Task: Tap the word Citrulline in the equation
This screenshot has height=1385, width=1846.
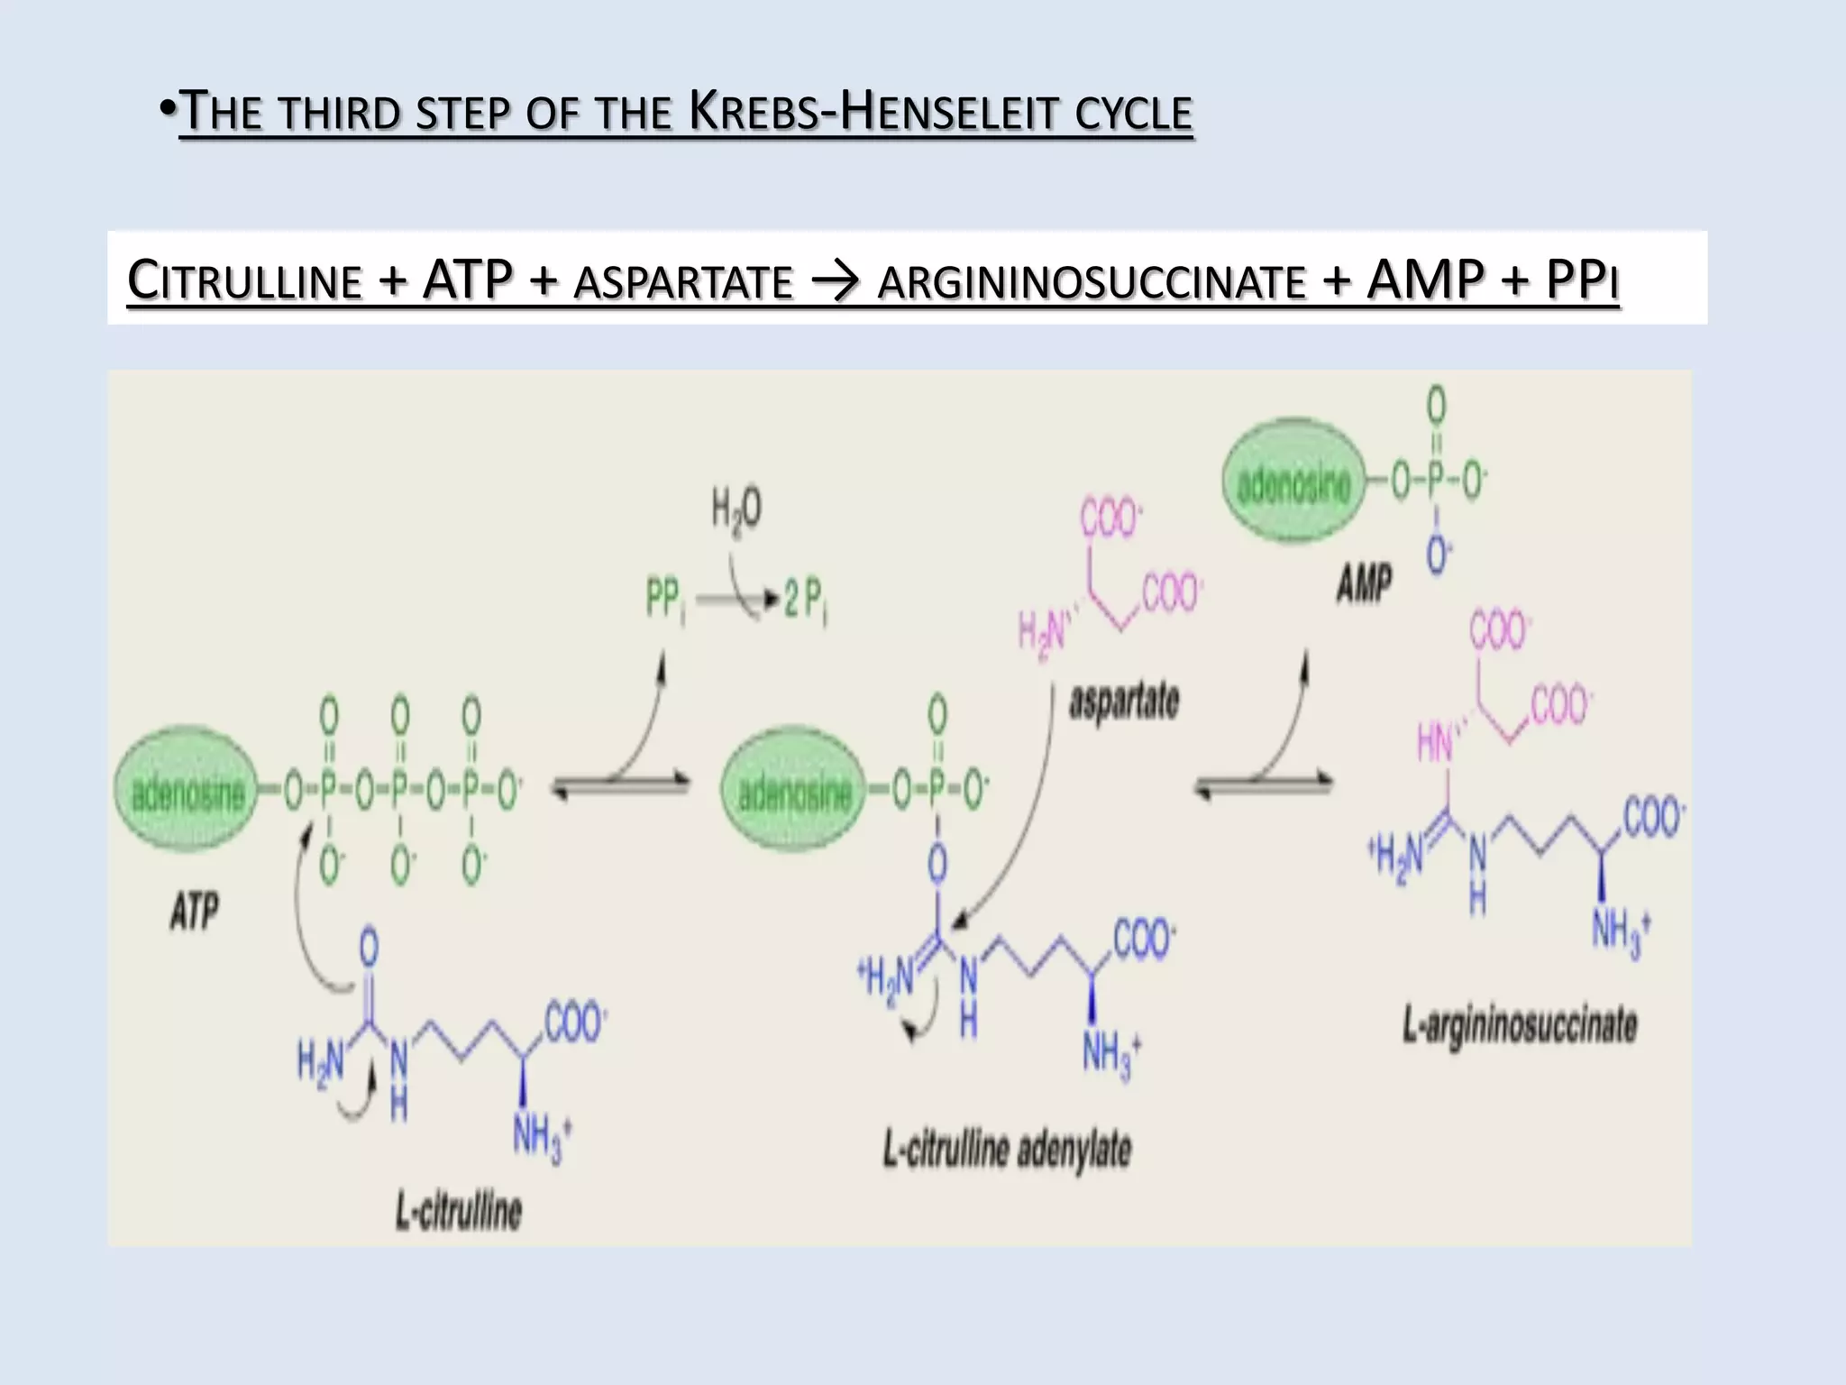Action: [x=244, y=280]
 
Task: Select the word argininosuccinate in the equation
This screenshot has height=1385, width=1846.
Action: [x=1091, y=280]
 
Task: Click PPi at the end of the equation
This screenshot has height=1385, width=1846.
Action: [x=1582, y=280]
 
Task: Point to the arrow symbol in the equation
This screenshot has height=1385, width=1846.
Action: [x=836, y=281]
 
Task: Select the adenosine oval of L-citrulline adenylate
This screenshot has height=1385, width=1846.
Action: [x=793, y=791]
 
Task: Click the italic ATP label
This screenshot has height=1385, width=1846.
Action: [x=194, y=911]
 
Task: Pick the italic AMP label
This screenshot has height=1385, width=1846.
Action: [x=1364, y=583]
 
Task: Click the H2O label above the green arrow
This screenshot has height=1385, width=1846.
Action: [x=736, y=510]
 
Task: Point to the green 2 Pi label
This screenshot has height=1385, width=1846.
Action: [x=805, y=600]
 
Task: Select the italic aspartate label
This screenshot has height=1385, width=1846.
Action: [x=1124, y=702]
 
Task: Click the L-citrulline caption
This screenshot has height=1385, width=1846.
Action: [x=459, y=1211]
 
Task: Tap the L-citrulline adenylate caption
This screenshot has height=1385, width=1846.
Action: [x=1007, y=1150]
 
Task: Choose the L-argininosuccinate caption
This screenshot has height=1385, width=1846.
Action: [x=1520, y=1026]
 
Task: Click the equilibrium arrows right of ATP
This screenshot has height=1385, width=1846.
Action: [x=620, y=786]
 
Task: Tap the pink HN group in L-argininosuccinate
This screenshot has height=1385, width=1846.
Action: [x=1435, y=743]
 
